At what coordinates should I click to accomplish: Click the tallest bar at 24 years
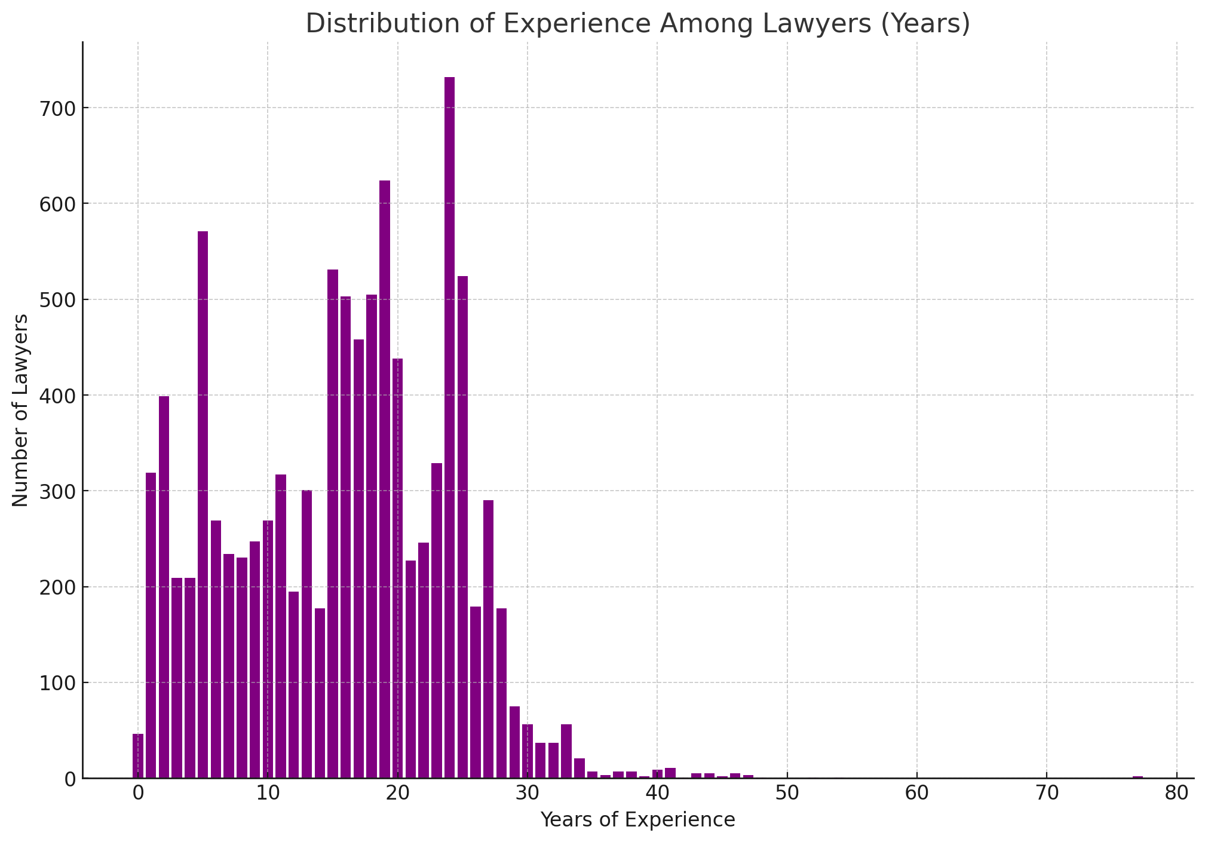pos(449,427)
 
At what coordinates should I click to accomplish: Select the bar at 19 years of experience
pos(385,479)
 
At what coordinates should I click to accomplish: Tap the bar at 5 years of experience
pos(203,504)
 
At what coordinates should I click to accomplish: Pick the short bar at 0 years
pos(138,756)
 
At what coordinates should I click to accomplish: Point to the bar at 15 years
pos(333,523)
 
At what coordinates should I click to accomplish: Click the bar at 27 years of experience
pos(489,639)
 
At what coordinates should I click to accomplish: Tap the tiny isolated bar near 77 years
pos(1137,777)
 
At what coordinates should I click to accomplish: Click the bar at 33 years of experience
pos(566,751)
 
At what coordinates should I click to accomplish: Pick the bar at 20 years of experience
pos(397,568)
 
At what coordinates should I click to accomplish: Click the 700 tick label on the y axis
pos(56,108)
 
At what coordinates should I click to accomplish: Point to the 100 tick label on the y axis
pos(56,682)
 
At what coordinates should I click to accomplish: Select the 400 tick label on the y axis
pos(56,396)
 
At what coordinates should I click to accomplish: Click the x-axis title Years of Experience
pos(637,820)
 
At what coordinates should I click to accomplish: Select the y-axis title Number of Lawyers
pos(20,410)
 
